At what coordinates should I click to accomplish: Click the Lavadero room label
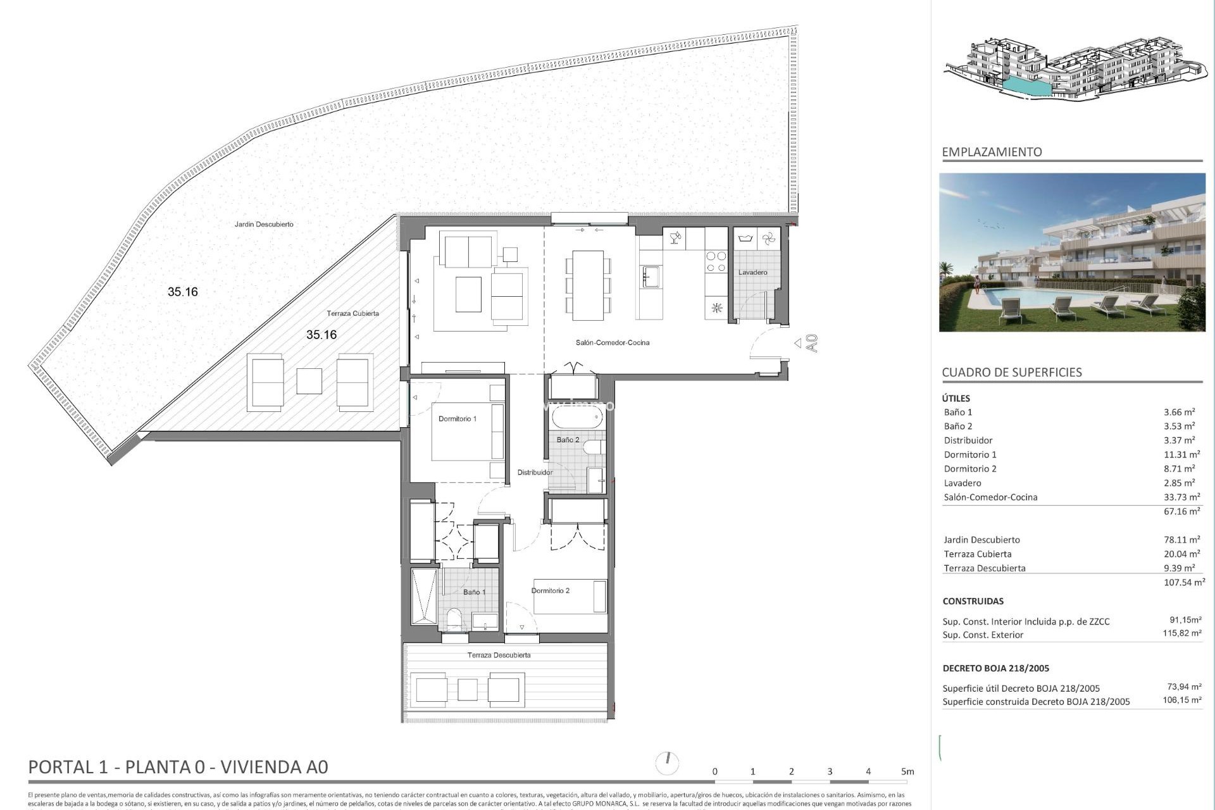[752, 273]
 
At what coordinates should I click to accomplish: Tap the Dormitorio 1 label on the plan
[457, 419]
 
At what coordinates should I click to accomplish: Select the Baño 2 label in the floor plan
[568, 440]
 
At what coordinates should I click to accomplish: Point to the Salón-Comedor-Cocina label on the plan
[612, 343]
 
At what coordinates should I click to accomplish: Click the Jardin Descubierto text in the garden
[264, 225]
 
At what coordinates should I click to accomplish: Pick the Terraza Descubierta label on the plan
[499, 656]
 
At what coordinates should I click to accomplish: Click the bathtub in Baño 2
[576, 418]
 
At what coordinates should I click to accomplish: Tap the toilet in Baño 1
[454, 618]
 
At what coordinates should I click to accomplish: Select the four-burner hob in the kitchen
[716, 262]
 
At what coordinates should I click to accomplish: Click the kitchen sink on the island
[651, 277]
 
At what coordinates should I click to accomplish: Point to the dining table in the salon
[588, 285]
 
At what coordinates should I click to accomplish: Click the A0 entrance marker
[812, 343]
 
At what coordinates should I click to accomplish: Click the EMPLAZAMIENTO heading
[992, 152]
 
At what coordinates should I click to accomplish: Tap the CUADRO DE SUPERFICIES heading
[1011, 373]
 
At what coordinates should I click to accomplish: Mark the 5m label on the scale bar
[907, 771]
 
